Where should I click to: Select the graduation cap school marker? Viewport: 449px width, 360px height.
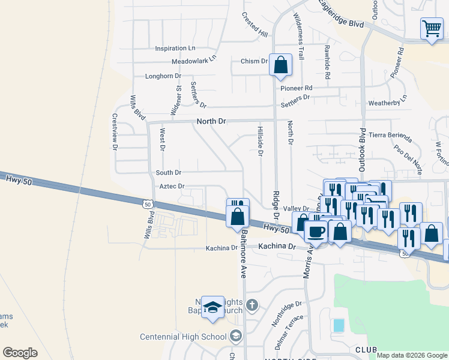click(x=212, y=308)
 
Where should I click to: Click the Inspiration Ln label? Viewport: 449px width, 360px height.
click(x=175, y=48)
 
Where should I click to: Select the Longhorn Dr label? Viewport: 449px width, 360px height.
click(x=163, y=76)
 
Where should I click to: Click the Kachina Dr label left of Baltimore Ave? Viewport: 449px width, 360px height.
click(x=221, y=248)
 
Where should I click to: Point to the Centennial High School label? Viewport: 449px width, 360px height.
click(x=182, y=337)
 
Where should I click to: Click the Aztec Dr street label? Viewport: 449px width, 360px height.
click(x=172, y=187)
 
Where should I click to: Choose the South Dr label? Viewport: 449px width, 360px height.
click(x=169, y=173)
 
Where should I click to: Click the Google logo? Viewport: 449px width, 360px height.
click(x=20, y=353)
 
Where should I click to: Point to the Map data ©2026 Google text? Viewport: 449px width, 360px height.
click(x=411, y=355)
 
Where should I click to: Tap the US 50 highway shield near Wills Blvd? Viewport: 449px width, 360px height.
click(x=147, y=204)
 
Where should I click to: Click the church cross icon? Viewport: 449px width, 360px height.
click(x=252, y=305)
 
